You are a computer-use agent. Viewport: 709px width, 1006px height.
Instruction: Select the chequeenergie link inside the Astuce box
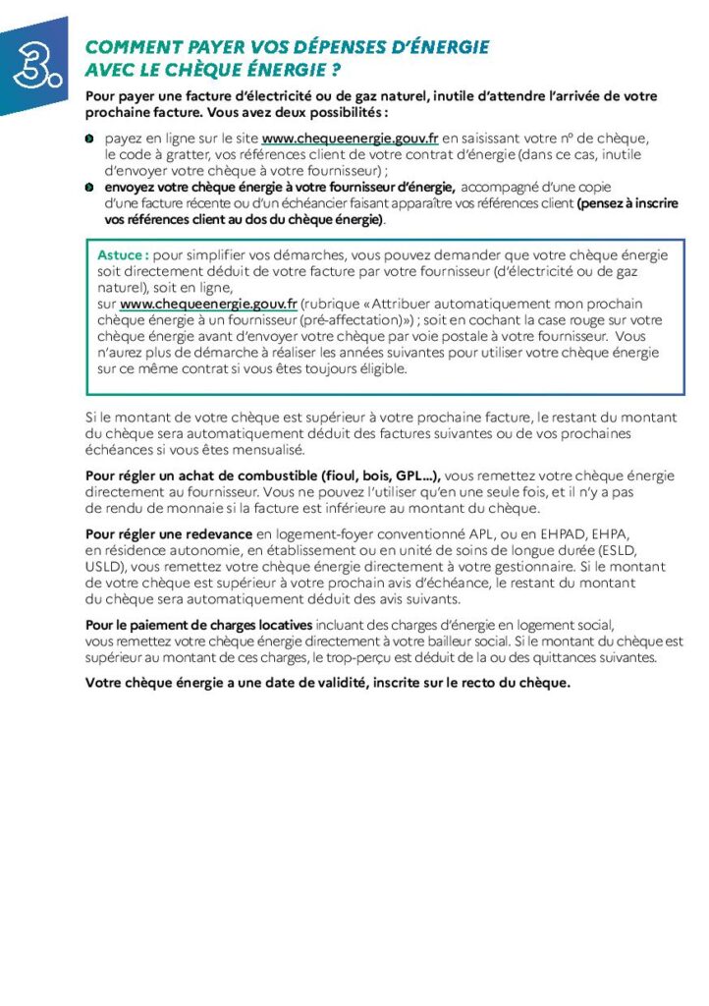point(208,305)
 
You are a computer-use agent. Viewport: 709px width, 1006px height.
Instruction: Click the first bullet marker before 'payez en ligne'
point(89,140)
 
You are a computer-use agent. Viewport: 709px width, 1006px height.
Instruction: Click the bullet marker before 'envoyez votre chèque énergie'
point(89,187)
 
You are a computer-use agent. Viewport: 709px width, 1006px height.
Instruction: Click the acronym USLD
point(103,567)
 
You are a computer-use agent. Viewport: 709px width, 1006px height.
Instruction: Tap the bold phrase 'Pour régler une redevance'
point(169,534)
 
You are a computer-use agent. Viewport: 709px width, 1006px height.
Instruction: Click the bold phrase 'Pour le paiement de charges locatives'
point(199,625)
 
